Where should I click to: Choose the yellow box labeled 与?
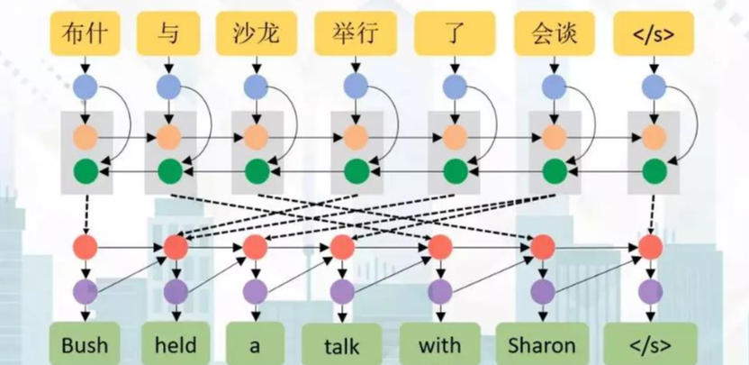click(x=167, y=33)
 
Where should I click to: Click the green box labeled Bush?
click(x=85, y=344)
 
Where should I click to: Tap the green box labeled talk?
click(x=342, y=345)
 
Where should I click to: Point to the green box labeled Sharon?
click(x=541, y=344)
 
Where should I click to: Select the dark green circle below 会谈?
click(x=554, y=169)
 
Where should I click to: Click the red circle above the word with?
click(x=439, y=246)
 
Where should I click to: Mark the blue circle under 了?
click(x=453, y=87)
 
